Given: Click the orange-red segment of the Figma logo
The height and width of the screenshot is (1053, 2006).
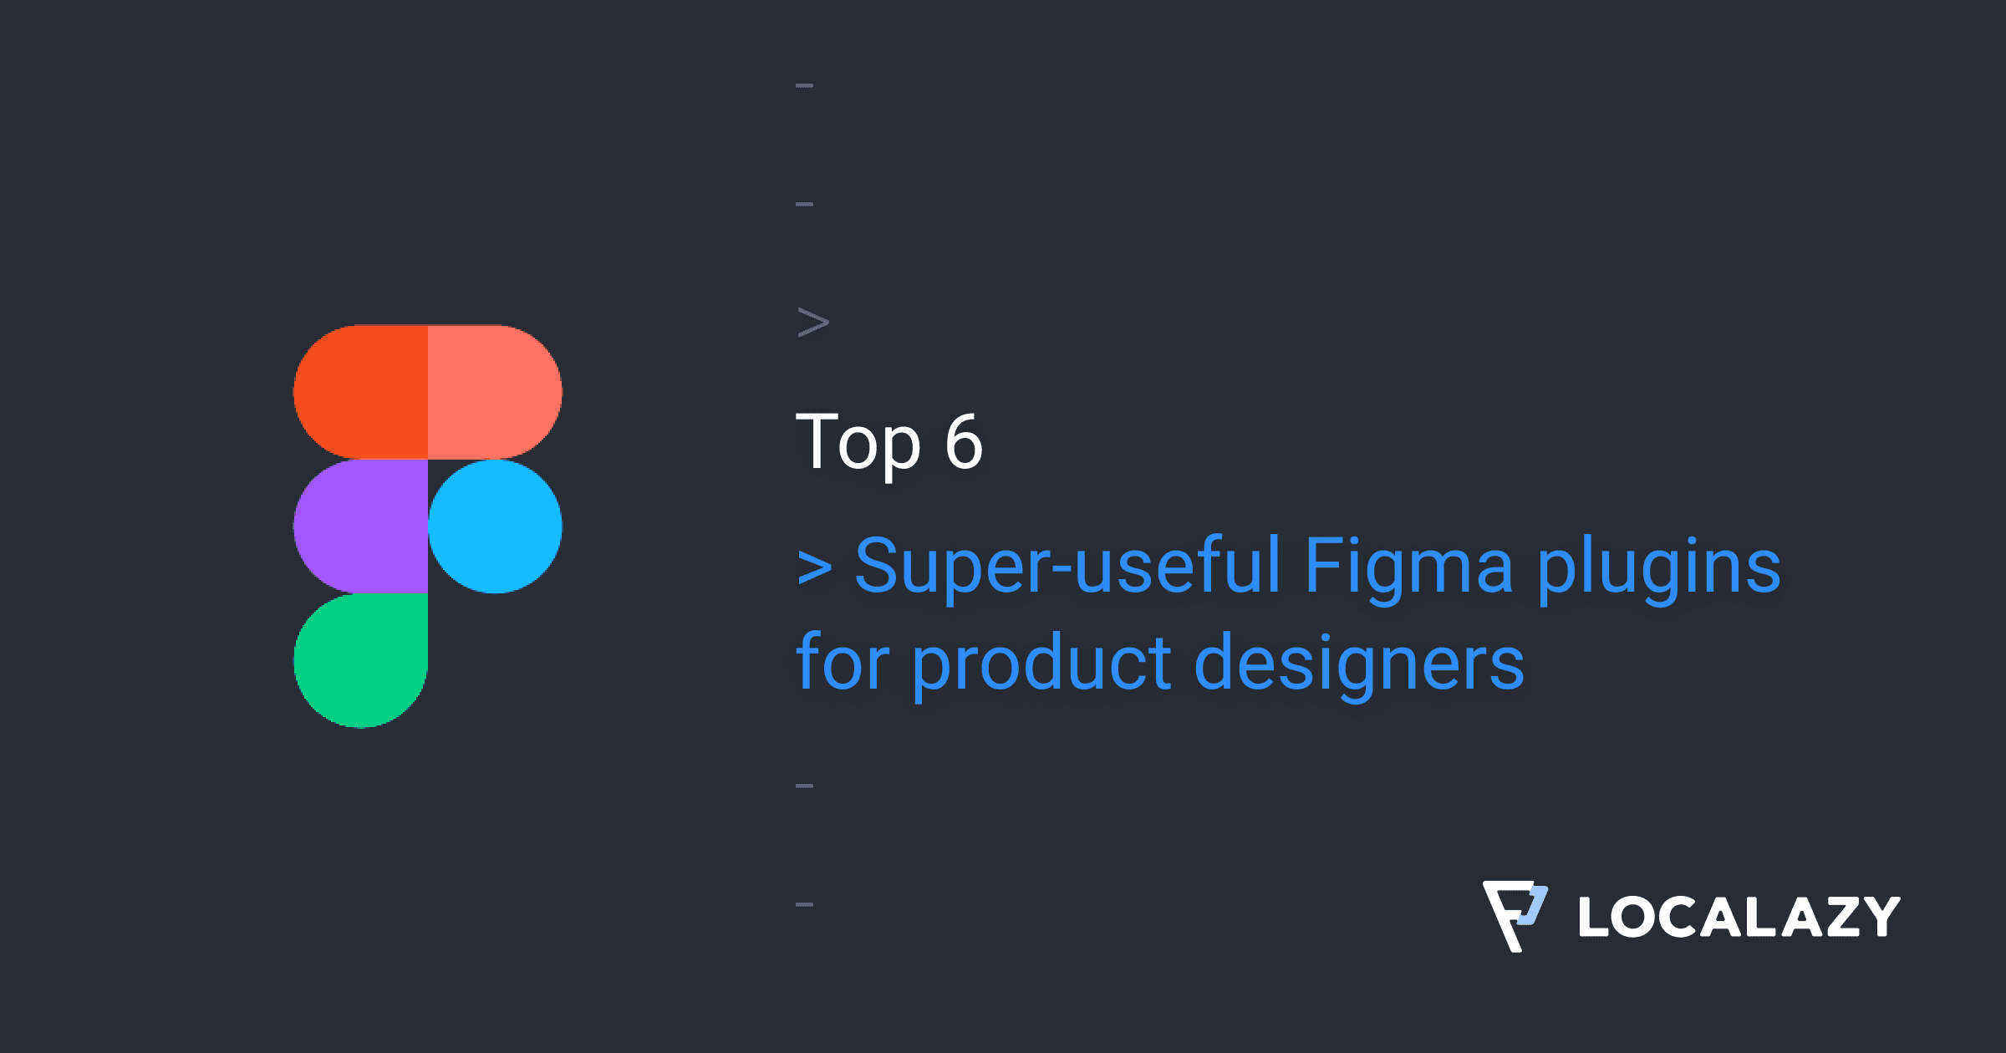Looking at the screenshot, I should coord(361,392).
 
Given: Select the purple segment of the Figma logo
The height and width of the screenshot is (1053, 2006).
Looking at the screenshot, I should coord(361,526).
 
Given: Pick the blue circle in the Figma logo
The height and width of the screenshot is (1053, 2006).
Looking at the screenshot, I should coord(495,526).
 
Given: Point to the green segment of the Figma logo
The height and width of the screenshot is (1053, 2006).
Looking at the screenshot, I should coord(361,660).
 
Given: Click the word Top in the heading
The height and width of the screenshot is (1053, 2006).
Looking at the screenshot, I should coord(858,443).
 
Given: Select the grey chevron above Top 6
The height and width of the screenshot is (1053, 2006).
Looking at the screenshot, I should coord(813,323).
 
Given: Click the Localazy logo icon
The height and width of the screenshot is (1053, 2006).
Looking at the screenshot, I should coord(1515,915).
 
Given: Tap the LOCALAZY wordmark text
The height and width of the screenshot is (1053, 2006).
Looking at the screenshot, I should coord(1739,917).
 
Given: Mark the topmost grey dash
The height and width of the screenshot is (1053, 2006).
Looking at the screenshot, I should coord(805,85).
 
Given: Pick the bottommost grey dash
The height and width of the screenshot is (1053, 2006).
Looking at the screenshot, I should coord(805,904).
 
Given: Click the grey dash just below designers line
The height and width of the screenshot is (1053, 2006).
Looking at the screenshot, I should coord(805,786).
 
